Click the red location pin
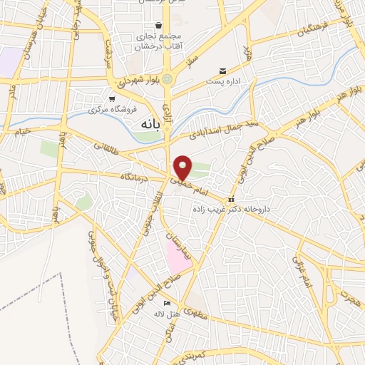(x=183, y=166)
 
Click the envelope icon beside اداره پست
(x=223, y=71)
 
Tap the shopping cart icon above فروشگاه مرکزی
(x=111, y=99)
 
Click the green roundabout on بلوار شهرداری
(x=168, y=79)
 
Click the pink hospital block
(x=178, y=255)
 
